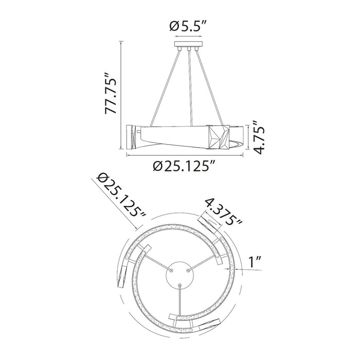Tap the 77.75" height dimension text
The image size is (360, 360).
[x=111, y=94]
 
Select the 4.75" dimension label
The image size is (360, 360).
[x=259, y=137]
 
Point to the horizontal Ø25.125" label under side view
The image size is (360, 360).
[x=184, y=166]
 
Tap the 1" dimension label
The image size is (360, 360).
[x=255, y=262]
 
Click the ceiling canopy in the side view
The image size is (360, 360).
[x=189, y=44]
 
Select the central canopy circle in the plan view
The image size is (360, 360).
[x=180, y=275]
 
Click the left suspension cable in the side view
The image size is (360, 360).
[x=165, y=88]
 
